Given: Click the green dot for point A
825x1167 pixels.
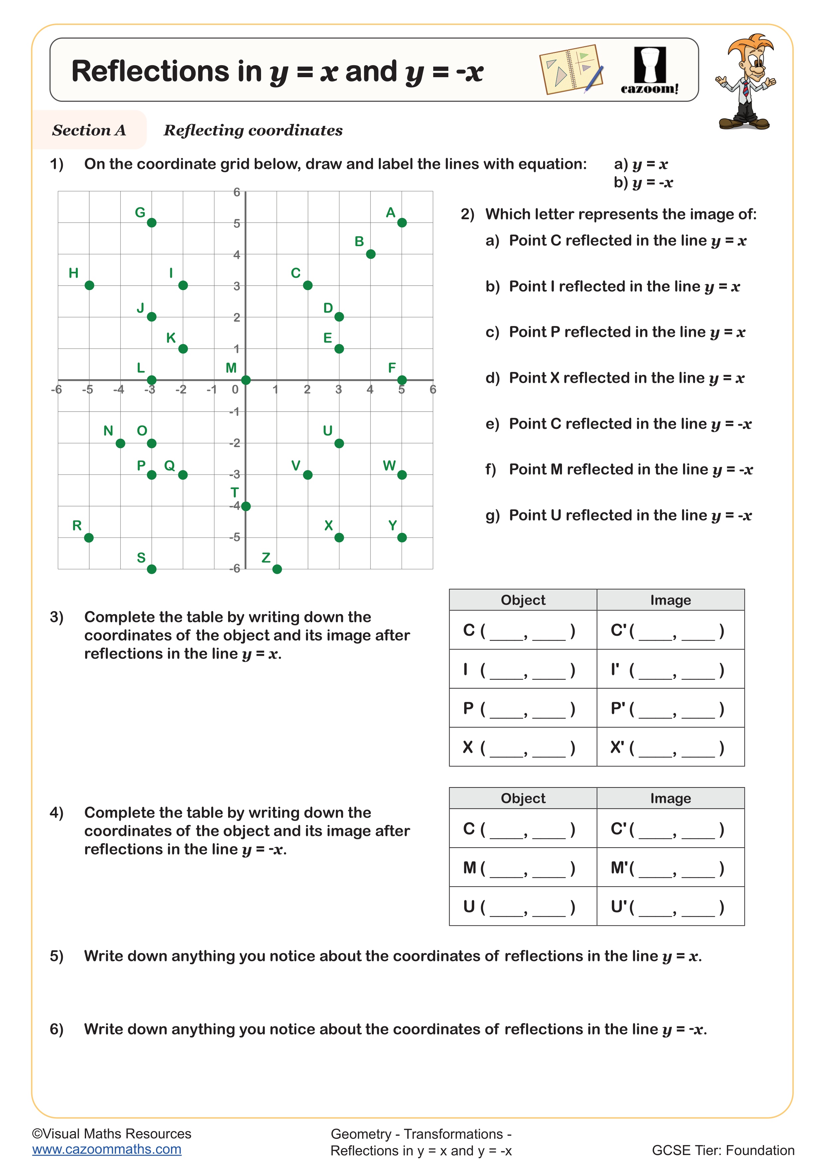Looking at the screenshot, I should click(x=402, y=223).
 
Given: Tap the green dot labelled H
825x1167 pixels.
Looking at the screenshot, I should click(x=89, y=285).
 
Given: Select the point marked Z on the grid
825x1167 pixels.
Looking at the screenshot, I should click(x=277, y=569).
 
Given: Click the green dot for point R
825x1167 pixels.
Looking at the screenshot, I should click(x=89, y=538).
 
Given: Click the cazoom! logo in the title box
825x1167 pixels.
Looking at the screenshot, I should click(x=650, y=71).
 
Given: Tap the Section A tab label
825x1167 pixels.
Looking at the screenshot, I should click(x=89, y=130).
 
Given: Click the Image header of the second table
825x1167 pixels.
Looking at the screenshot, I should click(x=670, y=798).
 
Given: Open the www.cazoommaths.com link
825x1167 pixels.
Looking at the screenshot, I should click(x=107, y=1149).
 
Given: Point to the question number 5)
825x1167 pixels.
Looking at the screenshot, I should click(x=57, y=956).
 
